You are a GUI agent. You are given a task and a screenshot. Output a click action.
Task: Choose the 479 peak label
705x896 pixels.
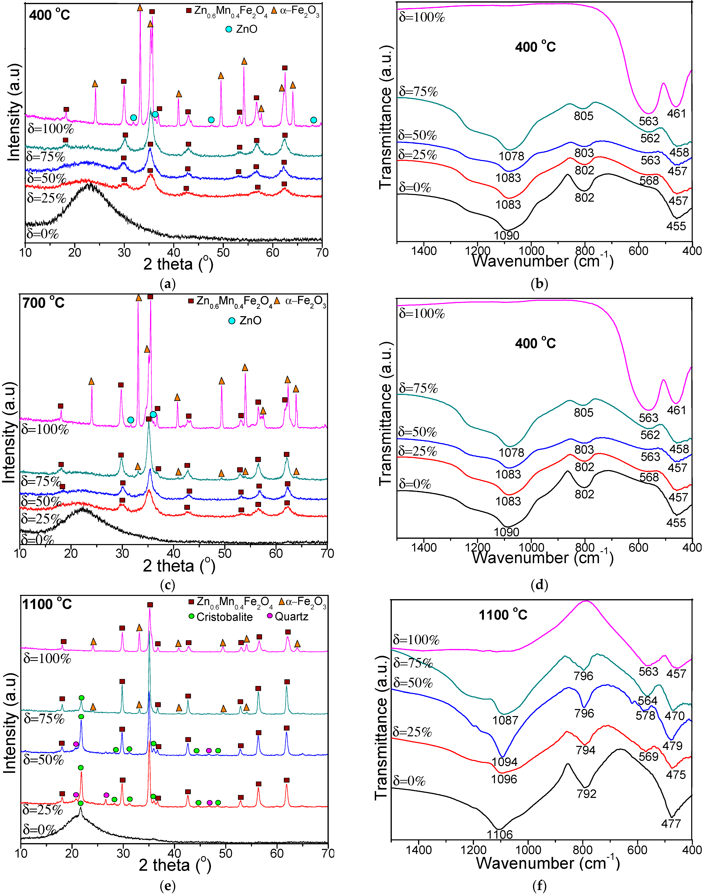(672, 745)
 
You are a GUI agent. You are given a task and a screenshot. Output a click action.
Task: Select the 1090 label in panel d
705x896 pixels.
(507, 532)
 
